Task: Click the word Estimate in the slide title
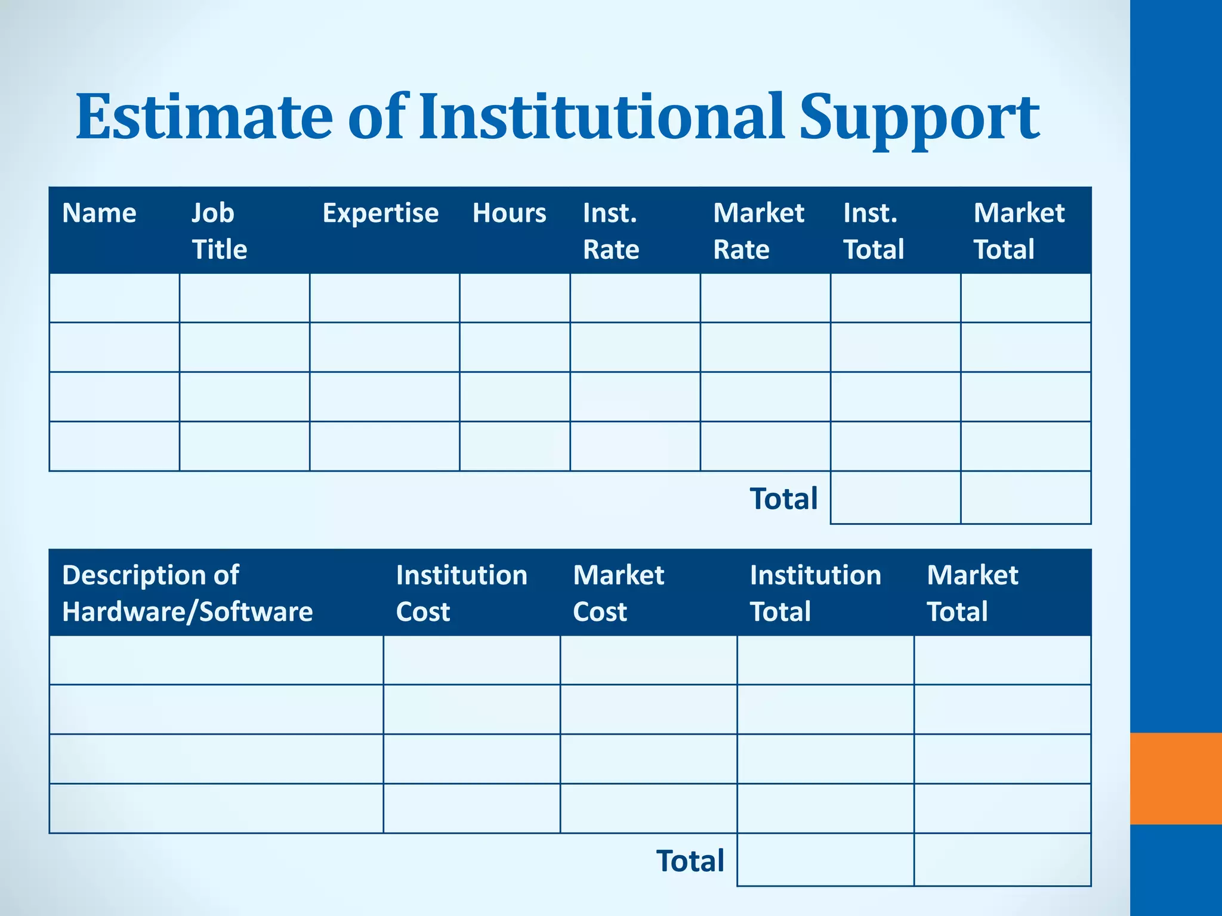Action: [x=203, y=117]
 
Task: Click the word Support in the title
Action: [x=919, y=119]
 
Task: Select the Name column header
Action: [x=99, y=213]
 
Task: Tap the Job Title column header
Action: [x=219, y=231]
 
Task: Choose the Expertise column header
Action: [x=380, y=213]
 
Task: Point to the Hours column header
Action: [x=509, y=213]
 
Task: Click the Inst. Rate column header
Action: [x=611, y=231]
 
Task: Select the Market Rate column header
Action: [x=758, y=231]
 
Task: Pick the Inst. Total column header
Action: [x=874, y=231]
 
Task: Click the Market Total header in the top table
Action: [x=1019, y=231]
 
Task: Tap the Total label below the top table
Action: [x=783, y=499]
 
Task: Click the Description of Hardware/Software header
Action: [x=187, y=593]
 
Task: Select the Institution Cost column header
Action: [x=461, y=593]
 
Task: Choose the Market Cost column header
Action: [x=618, y=593]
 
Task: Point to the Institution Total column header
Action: [x=815, y=593]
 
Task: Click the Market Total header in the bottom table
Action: [x=972, y=593]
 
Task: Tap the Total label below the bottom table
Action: [x=690, y=861]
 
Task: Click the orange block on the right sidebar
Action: [x=1175, y=778]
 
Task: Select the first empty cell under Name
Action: [x=114, y=298]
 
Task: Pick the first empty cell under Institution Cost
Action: [x=471, y=660]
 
